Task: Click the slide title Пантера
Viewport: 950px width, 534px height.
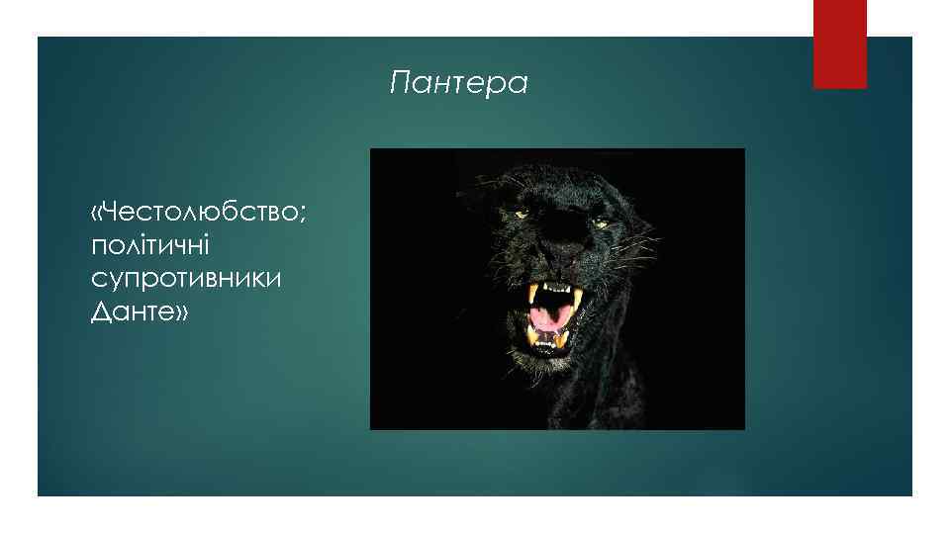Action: coord(459,84)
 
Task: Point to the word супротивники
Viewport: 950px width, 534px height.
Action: coord(186,279)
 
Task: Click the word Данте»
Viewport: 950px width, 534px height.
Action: coord(140,312)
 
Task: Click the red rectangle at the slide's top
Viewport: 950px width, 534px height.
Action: coord(839,44)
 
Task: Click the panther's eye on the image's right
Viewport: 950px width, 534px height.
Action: coord(600,223)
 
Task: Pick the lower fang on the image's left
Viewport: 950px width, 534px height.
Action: coord(533,335)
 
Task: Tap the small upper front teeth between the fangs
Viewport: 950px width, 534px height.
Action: coord(555,289)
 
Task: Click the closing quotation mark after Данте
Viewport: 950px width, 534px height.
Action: coord(182,312)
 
